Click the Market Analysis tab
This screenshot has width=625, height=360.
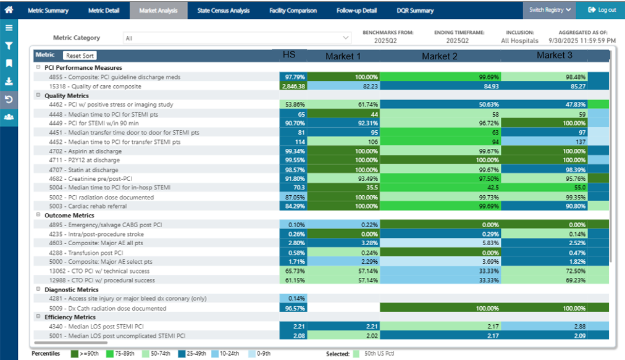click(x=158, y=10)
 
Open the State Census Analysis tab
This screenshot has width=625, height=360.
click(x=223, y=10)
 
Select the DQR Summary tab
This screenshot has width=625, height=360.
click(x=415, y=10)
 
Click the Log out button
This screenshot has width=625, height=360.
click(x=602, y=10)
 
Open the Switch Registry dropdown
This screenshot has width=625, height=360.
click(x=549, y=10)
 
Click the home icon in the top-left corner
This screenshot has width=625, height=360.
click(x=9, y=9)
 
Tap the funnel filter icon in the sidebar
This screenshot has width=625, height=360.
click(x=9, y=46)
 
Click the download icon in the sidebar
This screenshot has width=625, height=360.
click(x=9, y=82)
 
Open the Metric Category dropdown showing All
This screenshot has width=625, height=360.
click(x=237, y=38)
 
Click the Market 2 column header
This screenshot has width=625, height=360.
click(x=439, y=56)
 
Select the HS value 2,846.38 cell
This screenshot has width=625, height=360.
click(x=293, y=86)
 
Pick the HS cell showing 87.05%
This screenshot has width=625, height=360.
click(x=293, y=198)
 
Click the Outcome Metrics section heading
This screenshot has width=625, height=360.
click(x=69, y=216)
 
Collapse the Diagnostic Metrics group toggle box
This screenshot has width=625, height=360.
click(x=38, y=289)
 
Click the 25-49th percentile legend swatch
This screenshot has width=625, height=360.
click(x=182, y=354)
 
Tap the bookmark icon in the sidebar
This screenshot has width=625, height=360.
click(x=9, y=64)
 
